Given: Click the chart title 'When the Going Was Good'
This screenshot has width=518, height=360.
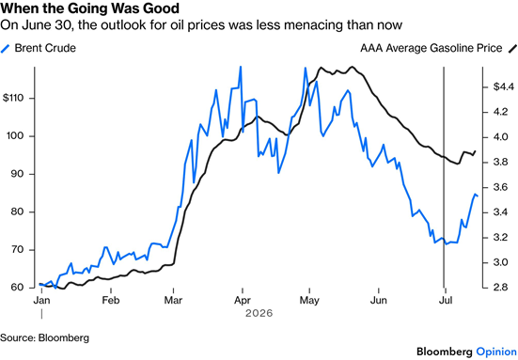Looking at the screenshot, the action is (90, 8).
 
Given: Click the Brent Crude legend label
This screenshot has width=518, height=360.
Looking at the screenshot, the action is (45, 48).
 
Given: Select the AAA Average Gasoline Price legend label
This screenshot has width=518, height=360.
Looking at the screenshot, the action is (432, 48).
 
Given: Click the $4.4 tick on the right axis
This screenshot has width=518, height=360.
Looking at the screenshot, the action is (504, 86).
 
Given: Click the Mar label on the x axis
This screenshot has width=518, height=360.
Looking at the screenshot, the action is (173, 300).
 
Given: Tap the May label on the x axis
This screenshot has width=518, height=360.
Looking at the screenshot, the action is (309, 301).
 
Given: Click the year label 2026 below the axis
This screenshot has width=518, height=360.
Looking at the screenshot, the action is (259, 313).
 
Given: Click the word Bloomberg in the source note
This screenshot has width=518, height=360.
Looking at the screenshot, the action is (64, 337).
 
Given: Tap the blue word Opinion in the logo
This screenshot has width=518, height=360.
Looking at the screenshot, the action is (496, 352).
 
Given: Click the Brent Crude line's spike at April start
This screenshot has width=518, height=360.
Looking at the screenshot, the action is (241, 67).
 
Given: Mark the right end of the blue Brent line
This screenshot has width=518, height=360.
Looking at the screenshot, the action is (478, 196).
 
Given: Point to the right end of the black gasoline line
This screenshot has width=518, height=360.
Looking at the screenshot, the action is (476, 151).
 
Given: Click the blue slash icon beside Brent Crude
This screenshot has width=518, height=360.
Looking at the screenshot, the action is (5, 49).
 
